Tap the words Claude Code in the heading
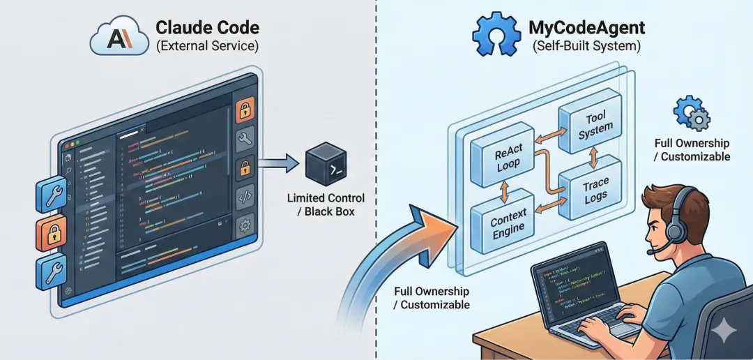coord(207,28)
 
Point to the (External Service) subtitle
coord(207,47)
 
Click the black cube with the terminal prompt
coord(326,165)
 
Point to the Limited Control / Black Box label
coord(326,204)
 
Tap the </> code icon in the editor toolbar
coord(245,197)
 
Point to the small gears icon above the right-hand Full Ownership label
coord(691,114)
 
